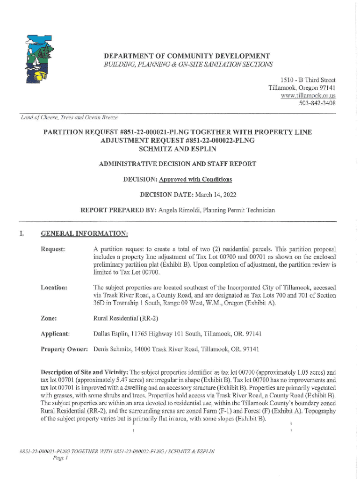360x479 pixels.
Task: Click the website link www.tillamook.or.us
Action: [308, 95]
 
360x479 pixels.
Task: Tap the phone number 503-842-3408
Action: [317, 103]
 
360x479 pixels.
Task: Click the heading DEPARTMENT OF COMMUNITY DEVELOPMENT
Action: [187, 56]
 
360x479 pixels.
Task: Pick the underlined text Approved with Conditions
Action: [195, 179]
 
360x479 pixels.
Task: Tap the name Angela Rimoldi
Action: [180, 210]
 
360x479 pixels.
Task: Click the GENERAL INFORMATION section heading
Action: [84, 233]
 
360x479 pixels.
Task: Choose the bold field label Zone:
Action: [49, 318]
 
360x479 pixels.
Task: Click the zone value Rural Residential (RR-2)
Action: [125, 318]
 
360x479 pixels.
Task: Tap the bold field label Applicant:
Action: [56, 334]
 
